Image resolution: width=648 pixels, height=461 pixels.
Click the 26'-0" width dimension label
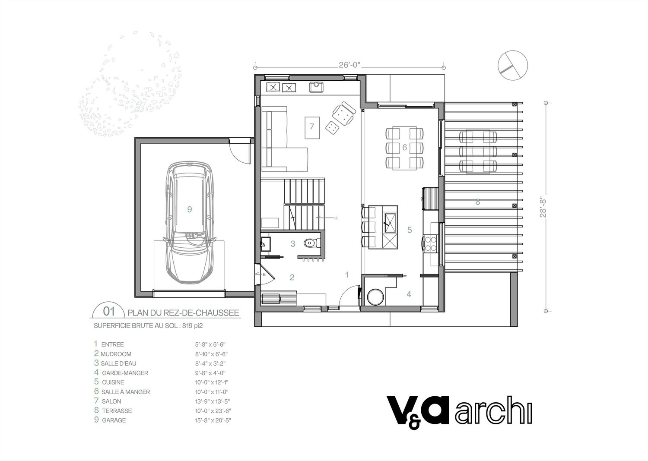[349, 65]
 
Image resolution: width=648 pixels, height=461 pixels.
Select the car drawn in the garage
[190, 223]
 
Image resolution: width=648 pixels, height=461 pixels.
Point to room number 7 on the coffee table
[311, 126]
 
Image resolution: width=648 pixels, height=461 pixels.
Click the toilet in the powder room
[311, 243]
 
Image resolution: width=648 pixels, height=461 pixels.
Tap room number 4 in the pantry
[409, 294]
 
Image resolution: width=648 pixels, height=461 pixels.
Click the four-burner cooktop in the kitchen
[430, 243]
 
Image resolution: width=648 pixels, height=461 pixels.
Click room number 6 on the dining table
[404, 148]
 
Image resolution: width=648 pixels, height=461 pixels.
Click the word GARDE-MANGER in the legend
[125, 373]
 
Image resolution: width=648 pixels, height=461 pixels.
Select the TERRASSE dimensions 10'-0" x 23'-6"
[213, 410]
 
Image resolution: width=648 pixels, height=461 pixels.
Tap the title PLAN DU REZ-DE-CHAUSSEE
[184, 313]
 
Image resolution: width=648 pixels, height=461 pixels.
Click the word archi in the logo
[493, 410]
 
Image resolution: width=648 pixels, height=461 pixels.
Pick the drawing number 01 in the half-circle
[109, 311]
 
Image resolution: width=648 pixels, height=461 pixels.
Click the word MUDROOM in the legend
[116, 354]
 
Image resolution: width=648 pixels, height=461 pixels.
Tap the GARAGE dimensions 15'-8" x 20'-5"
[213, 420]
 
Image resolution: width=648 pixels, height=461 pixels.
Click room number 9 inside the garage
[190, 209]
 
